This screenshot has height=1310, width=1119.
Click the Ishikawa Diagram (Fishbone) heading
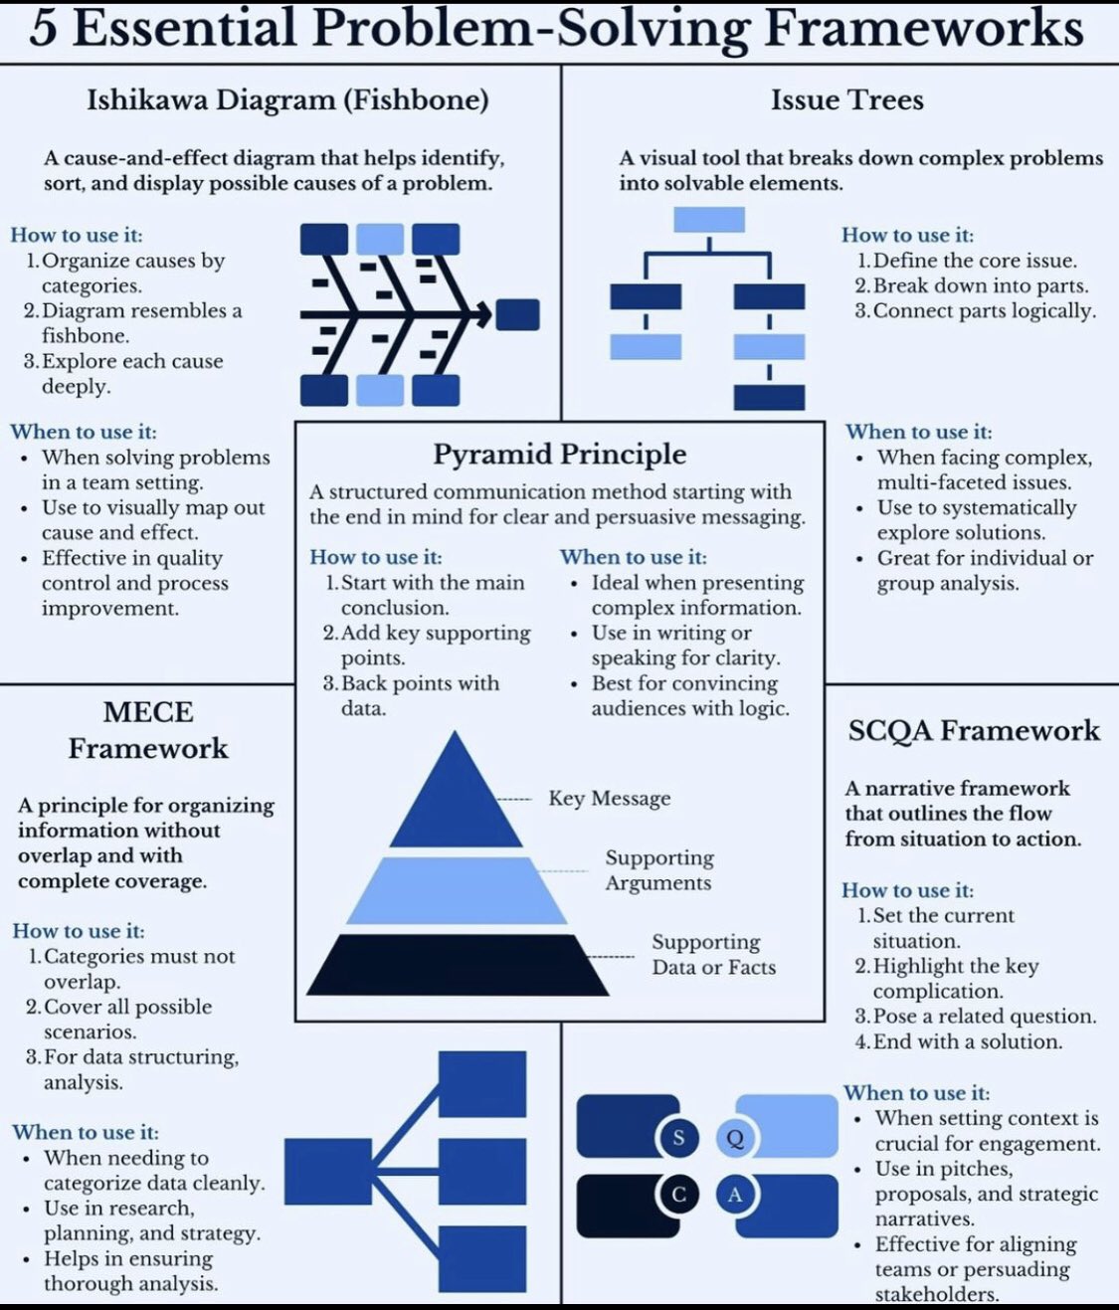coord(287,100)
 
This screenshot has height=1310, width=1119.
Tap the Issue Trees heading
coord(846,100)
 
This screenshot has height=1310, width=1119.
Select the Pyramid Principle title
coord(559,455)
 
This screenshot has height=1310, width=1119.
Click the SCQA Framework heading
coord(974,731)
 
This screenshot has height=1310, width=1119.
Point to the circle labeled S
coord(678,1137)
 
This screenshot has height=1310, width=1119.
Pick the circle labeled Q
coord(735,1138)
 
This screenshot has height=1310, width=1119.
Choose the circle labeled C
coord(678,1194)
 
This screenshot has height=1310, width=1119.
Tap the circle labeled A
coord(735,1194)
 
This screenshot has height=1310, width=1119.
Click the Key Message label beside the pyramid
coord(609,799)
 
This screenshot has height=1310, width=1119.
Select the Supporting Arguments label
coord(658,870)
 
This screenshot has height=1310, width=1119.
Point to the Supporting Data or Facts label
coord(713,955)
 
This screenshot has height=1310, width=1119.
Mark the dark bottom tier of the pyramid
coord(458,965)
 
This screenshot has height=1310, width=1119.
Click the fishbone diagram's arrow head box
coord(517,315)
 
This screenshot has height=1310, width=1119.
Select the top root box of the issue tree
coord(708,219)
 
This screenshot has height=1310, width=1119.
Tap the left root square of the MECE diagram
coord(327,1171)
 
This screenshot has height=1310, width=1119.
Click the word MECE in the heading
coord(148,712)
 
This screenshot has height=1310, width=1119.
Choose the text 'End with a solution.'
coord(967,1042)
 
